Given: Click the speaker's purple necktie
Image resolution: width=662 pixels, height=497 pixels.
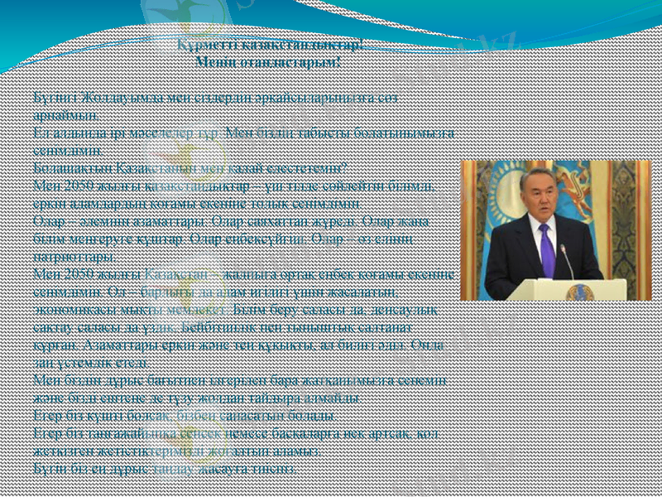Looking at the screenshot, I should click(x=546, y=248).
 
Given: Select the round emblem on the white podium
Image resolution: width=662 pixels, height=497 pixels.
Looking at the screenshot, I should click(x=579, y=292).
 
